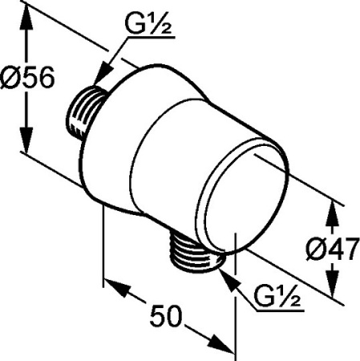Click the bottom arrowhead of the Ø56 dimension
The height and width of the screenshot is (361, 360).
click(29, 147)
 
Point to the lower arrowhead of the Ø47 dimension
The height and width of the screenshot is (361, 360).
click(331, 289)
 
